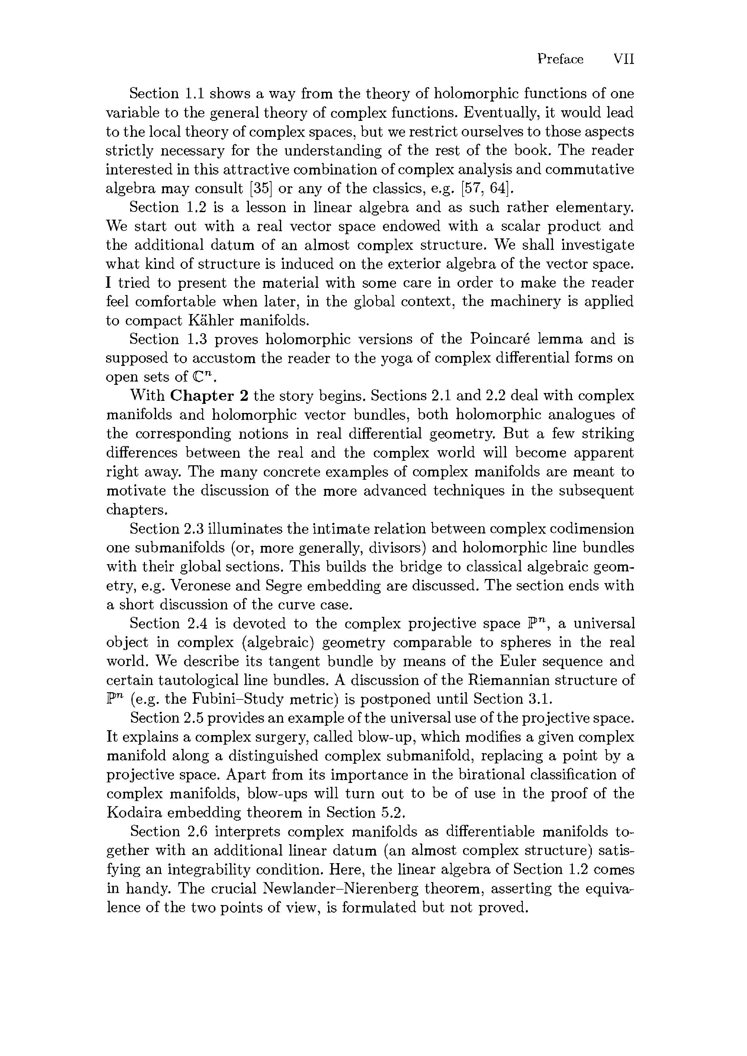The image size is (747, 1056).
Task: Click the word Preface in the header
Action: point(560,59)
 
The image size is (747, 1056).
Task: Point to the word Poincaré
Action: point(504,339)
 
